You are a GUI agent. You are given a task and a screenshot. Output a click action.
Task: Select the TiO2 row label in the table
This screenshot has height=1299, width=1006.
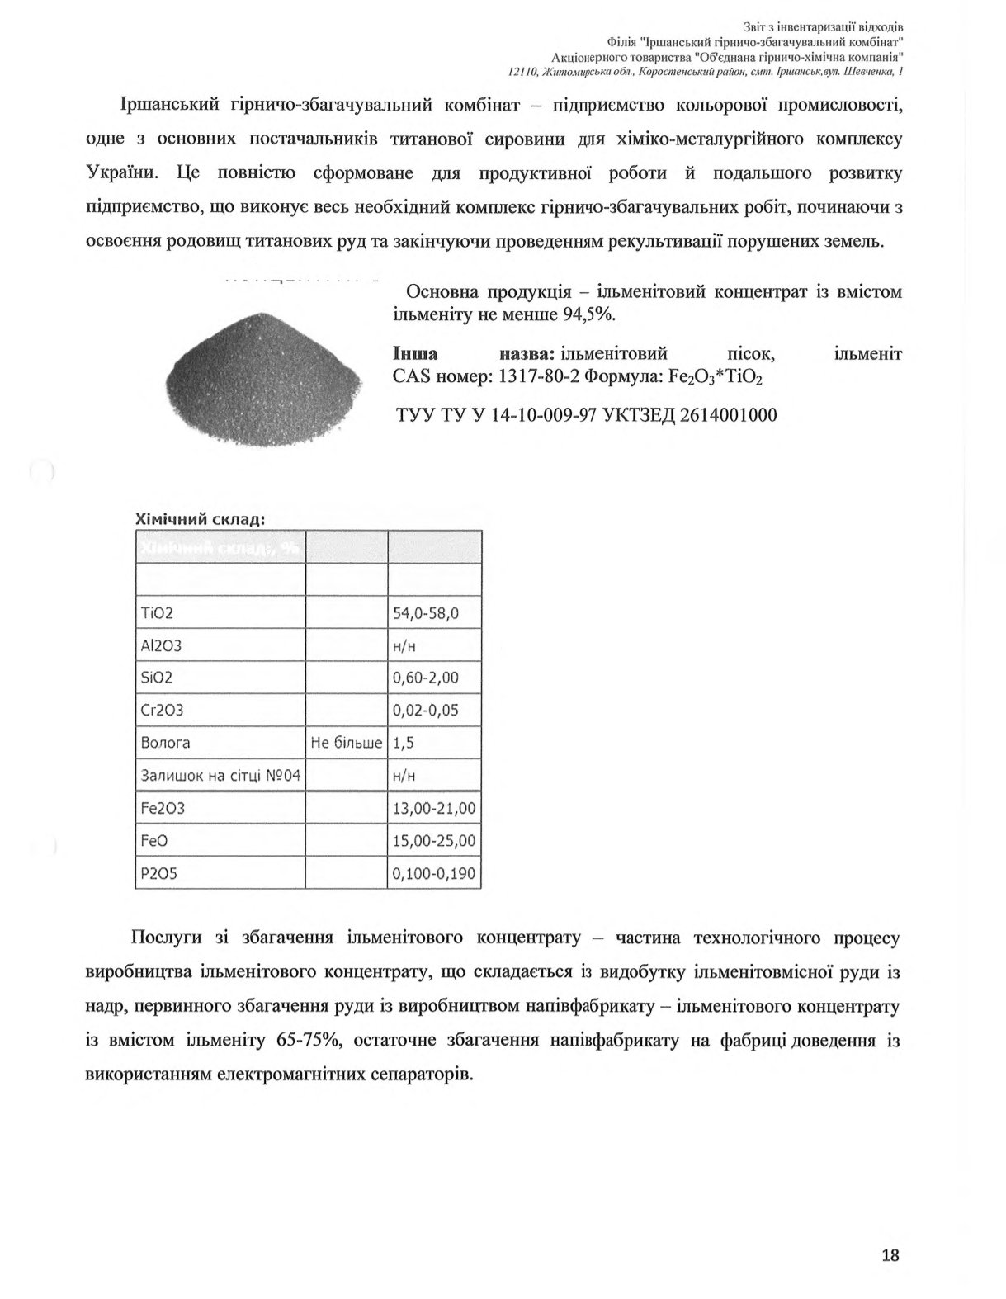pyautogui.click(x=158, y=613)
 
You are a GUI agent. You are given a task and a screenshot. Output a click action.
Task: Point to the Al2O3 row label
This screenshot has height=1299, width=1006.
pyautogui.click(x=162, y=645)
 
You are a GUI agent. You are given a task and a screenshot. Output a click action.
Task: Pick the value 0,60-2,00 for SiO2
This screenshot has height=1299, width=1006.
pyautogui.click(x=425, y=678)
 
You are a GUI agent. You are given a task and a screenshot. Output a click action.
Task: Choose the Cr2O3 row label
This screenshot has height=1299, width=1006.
pyautogui.click(x=163, y=711)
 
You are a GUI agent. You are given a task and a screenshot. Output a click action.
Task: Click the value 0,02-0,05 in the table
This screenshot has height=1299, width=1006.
pyautogui.click(x=425, y=711)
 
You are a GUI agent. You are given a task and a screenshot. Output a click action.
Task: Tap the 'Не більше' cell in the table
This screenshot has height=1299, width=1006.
pyautogui.click(x=347, y=743)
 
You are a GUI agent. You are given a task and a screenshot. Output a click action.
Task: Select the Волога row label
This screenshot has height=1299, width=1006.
pyautogui.click(x=166, y=743)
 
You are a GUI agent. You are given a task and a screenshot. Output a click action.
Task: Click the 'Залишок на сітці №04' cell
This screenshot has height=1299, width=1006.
pyautogui.click(x=220, y=776)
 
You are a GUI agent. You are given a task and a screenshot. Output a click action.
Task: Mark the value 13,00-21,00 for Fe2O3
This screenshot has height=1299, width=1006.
pyautogui.click(x=434, y=808)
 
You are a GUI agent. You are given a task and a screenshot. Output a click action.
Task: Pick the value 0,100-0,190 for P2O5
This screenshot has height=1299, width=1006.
pyautogui.click(x=434, y=873)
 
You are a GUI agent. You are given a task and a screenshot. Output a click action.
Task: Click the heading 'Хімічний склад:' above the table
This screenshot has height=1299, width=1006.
pyautogui.click(x=199, y=519)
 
